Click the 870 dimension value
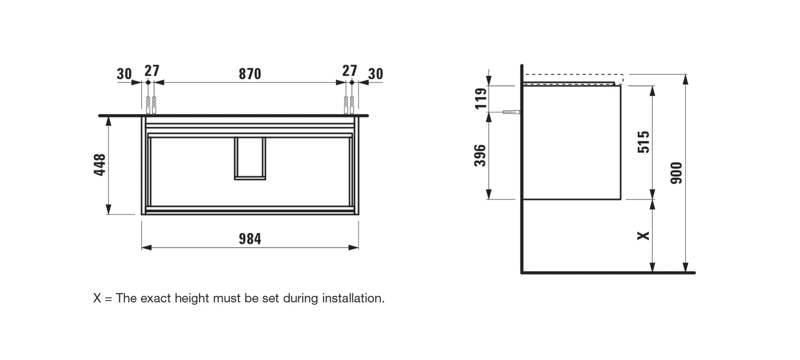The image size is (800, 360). pos(250,74)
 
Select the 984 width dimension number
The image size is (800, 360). pos(250,239)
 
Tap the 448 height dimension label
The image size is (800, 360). pos(100,164)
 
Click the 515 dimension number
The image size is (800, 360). pos(644,142)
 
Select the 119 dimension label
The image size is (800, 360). pos(480,98)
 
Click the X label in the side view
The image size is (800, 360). pos(643,236)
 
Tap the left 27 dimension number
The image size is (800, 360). pos(152,71)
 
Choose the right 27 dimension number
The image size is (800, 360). pos(349,71)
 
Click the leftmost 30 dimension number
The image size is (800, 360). pos(124,74)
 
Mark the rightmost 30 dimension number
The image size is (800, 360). pos(376,74)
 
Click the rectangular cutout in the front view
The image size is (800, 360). pos(250,158)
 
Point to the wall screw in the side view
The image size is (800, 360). pos(511,112)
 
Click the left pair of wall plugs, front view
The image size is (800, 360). pos(151,105)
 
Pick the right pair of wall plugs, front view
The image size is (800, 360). pos(349,105)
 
